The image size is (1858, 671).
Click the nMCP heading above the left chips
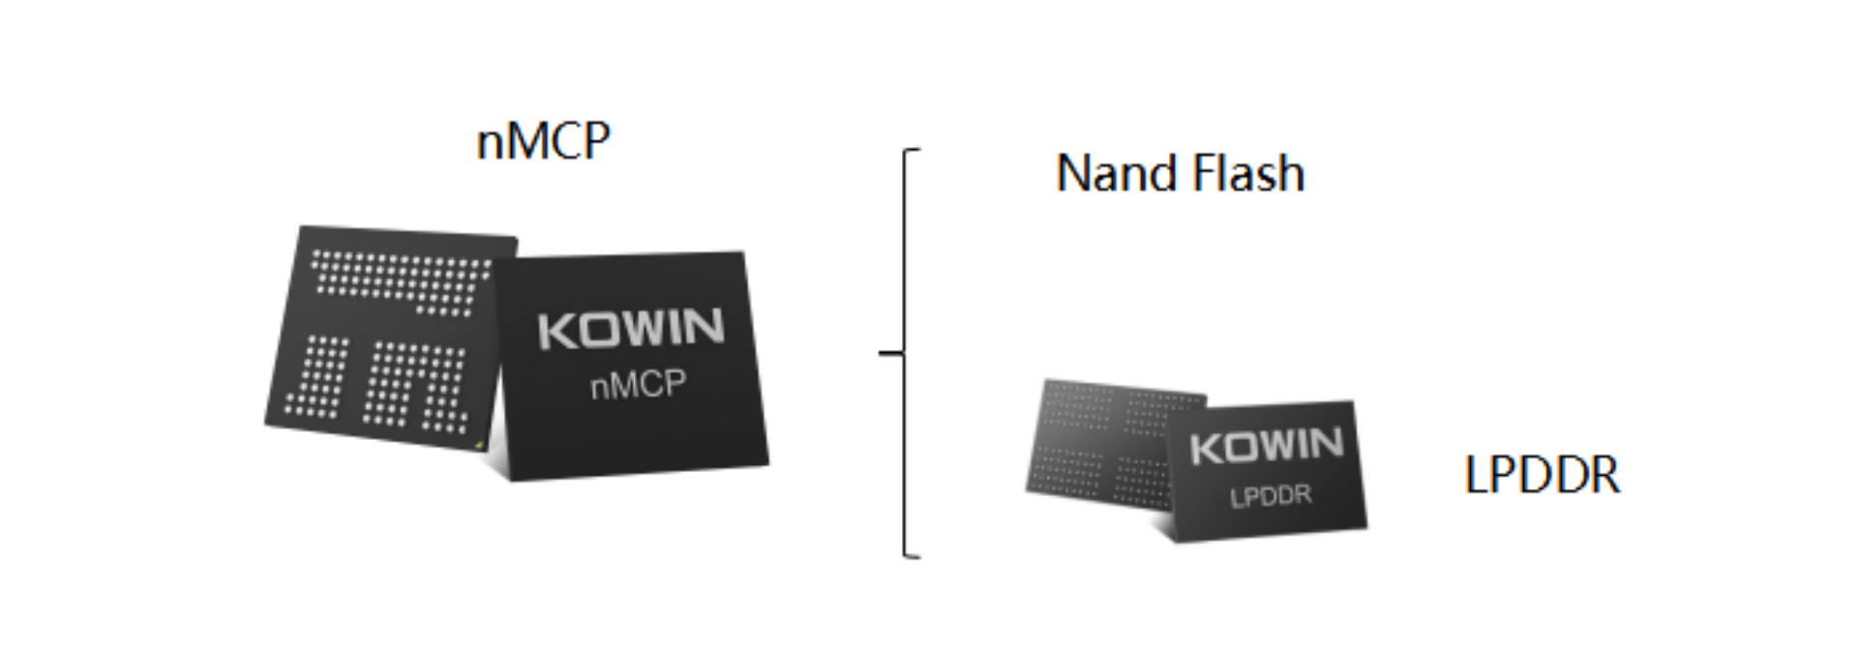pos(543,141)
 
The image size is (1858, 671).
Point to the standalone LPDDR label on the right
pos(1542,476)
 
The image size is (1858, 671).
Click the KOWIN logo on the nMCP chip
pos(631,329)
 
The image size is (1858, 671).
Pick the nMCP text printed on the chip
pos(638,385)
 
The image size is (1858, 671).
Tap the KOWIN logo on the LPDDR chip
pos(1267,446)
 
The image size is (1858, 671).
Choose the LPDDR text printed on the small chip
pos(1271,496)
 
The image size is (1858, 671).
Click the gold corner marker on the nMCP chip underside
pos(480,444)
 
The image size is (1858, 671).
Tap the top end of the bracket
pos(912,151)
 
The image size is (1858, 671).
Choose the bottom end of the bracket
pos(912,557)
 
